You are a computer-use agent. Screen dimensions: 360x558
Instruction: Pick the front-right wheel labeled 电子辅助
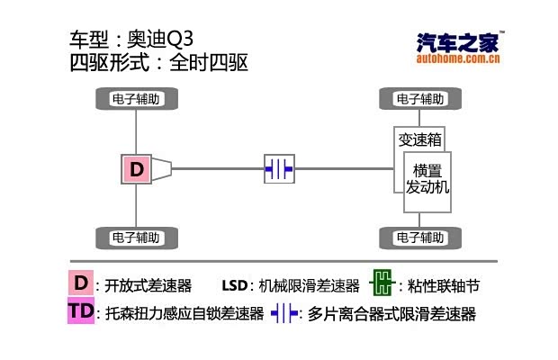coord(419,238)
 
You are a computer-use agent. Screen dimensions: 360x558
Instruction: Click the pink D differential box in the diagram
coord(136,168)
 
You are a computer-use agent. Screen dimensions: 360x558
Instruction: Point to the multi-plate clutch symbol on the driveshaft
coord(279,168)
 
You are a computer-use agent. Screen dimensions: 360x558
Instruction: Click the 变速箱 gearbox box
coord(419,139)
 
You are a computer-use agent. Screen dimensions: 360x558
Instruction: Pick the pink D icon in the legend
coord(81,284)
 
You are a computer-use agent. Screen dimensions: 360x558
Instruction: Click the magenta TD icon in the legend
coord(81,312)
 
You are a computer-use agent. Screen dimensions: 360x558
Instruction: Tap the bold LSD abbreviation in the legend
coord(236,286)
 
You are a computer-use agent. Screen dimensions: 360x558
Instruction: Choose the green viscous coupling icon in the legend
coord(382,284)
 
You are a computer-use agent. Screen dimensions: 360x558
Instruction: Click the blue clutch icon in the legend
coord(284,313)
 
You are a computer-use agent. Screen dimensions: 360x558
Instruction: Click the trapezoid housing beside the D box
coord(160,168)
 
